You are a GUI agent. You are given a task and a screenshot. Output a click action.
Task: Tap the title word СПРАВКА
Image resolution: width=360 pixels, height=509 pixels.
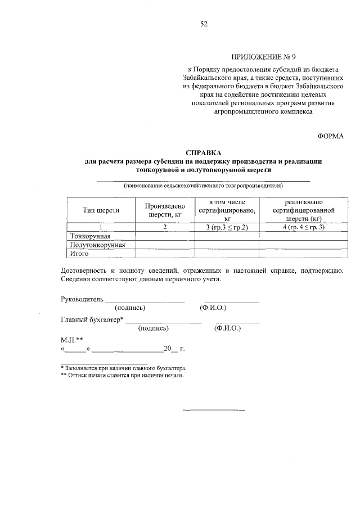[204, 153]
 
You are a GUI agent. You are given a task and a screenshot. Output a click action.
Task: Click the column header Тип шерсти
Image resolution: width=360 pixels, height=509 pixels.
[101, 210]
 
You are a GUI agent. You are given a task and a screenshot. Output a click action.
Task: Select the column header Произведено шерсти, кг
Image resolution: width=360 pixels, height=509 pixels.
[165, 210]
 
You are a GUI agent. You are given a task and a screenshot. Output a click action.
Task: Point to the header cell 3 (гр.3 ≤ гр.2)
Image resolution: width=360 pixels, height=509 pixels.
[227, 227]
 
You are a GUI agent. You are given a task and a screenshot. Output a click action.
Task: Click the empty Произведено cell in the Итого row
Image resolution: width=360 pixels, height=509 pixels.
[165, 254]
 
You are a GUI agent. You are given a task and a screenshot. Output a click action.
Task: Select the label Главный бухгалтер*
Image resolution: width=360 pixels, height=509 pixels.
[92, 319]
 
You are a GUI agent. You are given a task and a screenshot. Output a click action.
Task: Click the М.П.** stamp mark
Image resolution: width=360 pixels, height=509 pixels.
[71, 340]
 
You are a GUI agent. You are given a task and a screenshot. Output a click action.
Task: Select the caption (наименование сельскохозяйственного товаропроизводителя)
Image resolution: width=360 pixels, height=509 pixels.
[204, 185]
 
